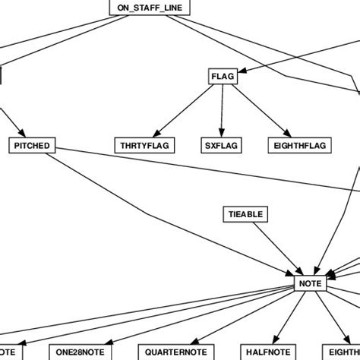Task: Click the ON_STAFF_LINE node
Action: coord(150,8)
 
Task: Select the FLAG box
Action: coord(223,77)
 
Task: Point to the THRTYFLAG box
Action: coord(145,144)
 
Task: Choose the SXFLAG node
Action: coord(221,144)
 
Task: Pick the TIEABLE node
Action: coord(245,214)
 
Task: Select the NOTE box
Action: coord(310,283)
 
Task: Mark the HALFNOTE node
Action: coord(267,352)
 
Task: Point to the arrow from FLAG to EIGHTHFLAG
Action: coord(258,109)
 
